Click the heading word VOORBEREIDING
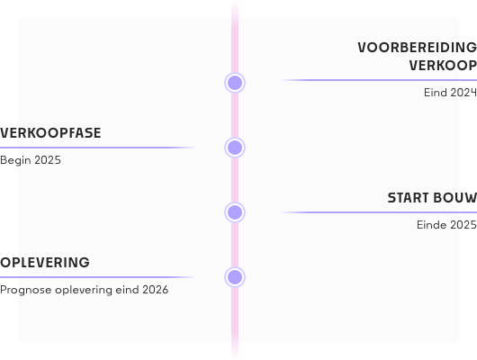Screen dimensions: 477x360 (417, 48)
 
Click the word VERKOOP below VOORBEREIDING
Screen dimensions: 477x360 (443, 66)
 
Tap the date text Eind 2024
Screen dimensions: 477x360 (450, 93)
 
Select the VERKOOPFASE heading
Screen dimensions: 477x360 (50, 133)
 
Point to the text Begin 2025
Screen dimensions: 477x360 (31, 160)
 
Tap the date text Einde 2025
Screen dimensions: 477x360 (446, 225)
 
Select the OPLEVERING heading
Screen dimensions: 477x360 (45, 263)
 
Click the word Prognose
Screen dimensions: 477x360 (26, 290)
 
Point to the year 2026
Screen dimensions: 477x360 (155, 290)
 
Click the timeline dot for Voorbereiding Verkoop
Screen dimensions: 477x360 (235, 83)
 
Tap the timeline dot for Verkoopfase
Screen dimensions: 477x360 (235, 148)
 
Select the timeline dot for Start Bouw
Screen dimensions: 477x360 (235, 212)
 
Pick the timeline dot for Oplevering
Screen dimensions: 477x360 (235, 277)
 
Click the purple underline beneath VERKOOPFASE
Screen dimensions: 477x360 (98, 148)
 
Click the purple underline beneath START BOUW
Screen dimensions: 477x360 (378, 212)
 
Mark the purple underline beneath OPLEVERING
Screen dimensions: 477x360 (98, 277)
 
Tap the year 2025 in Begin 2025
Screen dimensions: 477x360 (48, 160)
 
